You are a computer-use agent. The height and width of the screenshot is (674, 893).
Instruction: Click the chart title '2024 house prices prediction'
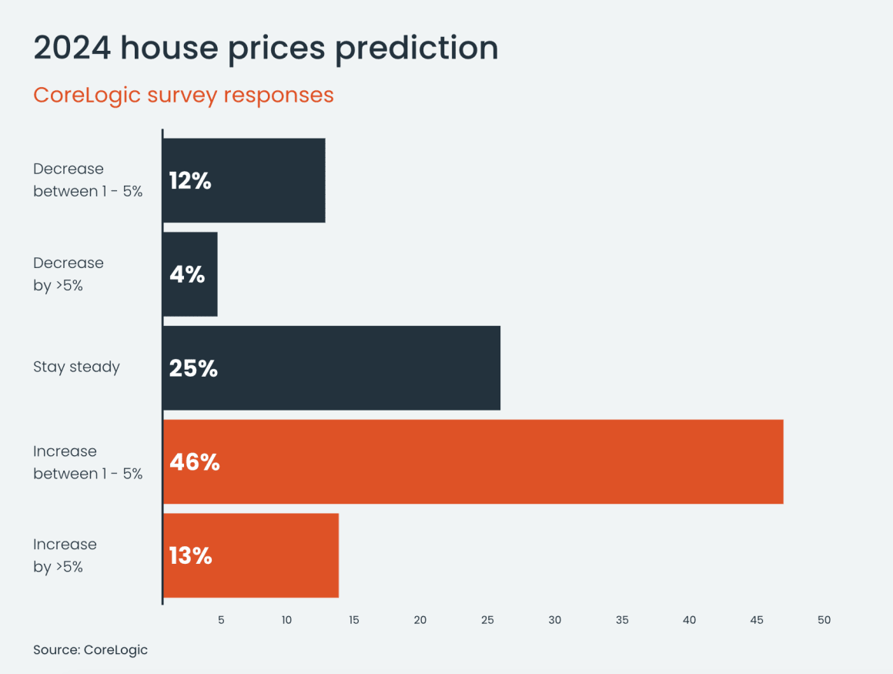[x=266, y=48]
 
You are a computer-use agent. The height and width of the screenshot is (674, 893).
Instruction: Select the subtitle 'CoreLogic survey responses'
[x=183, y=95]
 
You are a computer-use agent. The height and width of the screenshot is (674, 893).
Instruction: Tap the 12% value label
[x=190, y=181]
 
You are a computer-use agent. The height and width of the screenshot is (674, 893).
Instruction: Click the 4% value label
[x=187, y=274]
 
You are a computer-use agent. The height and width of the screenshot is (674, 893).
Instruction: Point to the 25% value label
[x=193, y=368]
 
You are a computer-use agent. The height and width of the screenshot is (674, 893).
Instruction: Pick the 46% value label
[x=194, y=462]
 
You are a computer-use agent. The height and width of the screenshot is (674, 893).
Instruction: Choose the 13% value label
[x=190, y=555]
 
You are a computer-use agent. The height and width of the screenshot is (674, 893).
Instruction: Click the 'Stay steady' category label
[x=76, y=367]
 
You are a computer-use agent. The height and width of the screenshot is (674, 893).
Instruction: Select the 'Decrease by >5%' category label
[x=68, y=273]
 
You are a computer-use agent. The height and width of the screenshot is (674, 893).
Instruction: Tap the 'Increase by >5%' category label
[x=65, y=555]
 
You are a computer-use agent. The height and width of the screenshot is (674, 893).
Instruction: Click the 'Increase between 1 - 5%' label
[x=88, y=462]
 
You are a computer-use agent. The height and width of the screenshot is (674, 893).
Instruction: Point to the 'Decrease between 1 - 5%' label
[x=88, y=180]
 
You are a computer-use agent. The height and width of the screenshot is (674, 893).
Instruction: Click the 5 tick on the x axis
[x=221, y=620]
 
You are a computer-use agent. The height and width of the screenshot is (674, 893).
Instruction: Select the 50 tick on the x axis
[x=824, y=620]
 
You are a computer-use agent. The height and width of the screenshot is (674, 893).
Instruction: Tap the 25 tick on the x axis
[x=487, y=620]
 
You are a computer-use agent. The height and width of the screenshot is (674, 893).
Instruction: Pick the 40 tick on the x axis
[x=689, y=620]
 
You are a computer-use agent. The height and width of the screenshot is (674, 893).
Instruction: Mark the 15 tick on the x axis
[x=353, y=620]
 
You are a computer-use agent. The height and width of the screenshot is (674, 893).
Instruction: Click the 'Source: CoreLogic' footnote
[x=90, y=649]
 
